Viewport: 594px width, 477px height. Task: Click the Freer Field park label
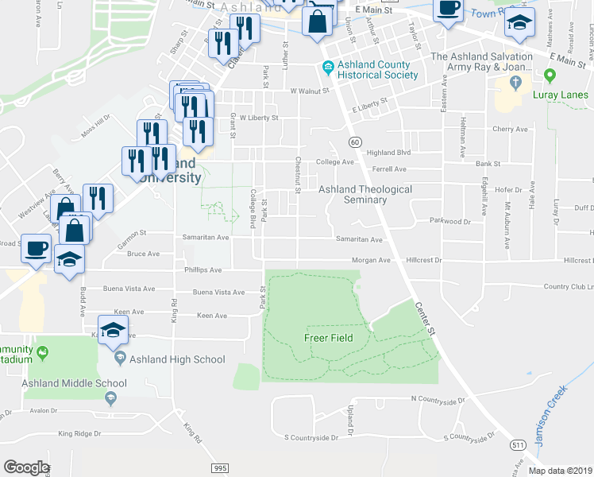tap(328, 338)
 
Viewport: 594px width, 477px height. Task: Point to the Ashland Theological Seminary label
tap(365, 195)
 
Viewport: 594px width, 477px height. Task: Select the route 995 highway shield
tap(220, 468)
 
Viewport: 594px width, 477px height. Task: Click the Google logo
tap(26, 467)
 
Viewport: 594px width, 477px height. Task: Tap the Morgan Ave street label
tap(372, 260)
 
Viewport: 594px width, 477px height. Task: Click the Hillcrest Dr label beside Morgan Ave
tap(423, 260)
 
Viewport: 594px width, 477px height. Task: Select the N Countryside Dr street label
tap(436, 397)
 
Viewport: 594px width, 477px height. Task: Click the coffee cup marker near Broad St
tap(35, 248)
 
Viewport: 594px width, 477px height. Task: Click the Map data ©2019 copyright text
tap(561, 470)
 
